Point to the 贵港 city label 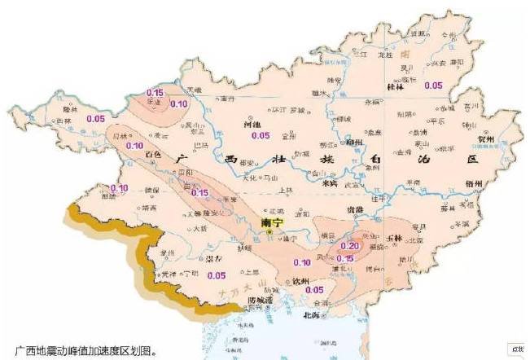[355, 209]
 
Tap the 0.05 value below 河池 [261, 135]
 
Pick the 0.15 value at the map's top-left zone [155, 93]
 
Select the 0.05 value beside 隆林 [95, 119]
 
